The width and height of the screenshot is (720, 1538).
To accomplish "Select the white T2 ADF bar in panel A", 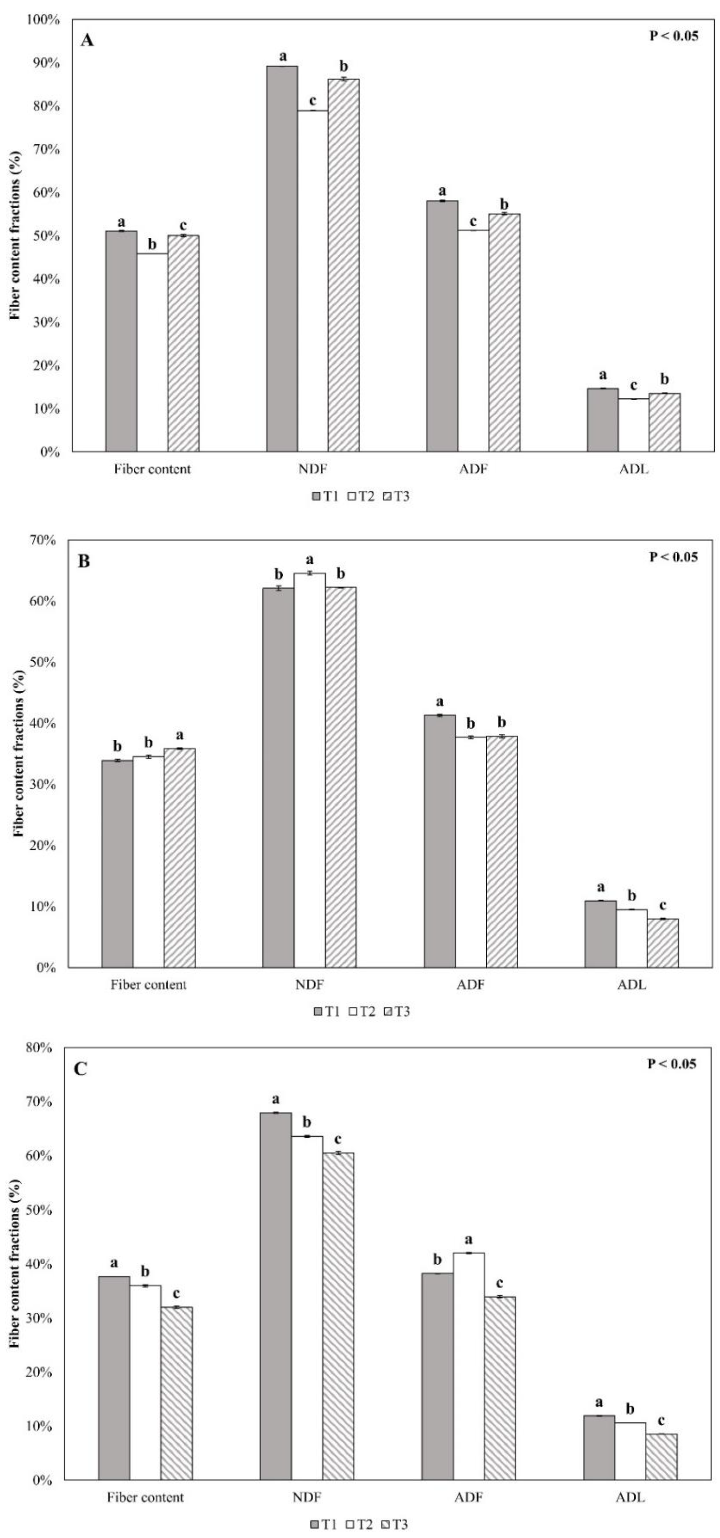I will click(473, 340).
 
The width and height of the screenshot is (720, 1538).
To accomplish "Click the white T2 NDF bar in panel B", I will click(309, 770).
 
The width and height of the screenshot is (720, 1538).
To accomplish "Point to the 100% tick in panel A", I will click(43, 20).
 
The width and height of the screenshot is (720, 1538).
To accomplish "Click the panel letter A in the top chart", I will click(87, 40).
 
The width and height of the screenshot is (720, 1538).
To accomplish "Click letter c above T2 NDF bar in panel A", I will click(312, 100).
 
